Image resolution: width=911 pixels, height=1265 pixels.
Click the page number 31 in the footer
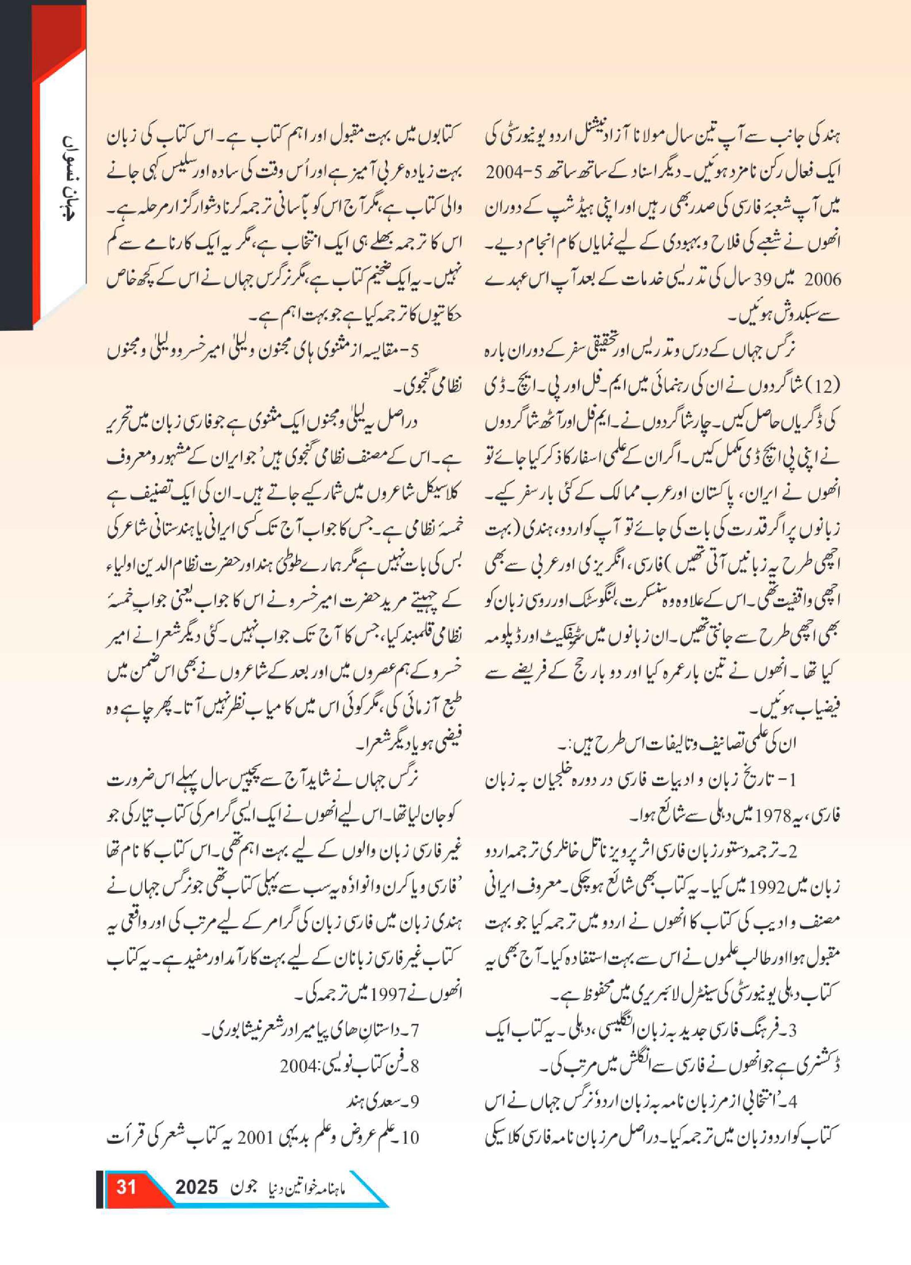pyautogui.click(x=126, y=1186)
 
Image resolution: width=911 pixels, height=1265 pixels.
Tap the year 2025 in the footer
pyautogui.click(x=196, y=1187)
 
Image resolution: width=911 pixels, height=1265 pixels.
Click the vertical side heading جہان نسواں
pyautogui.click(x=66, y=178)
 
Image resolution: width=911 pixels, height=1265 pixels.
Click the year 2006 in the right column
pyautogui.click(x=822, y=279)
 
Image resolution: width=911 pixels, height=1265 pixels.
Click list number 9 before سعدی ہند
pyautogui.click(x=414, y=1101)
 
